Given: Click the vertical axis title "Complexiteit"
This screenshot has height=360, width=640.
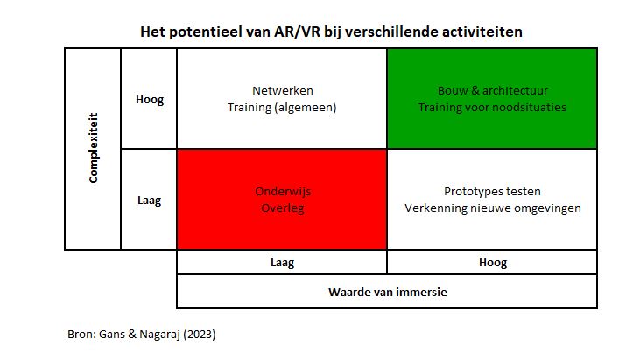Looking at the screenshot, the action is point(94,148).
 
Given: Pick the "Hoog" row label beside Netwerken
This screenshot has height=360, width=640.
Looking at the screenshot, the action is point(150,100).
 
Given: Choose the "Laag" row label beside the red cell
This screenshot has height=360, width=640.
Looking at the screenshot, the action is point(149,201).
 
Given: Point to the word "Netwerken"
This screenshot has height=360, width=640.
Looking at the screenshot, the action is point(283,90).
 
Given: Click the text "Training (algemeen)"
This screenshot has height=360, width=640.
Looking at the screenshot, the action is point(282,108).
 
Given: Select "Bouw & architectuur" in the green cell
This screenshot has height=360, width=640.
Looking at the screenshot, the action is point(493,90).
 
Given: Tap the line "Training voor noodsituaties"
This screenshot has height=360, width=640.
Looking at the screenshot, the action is point(492,108).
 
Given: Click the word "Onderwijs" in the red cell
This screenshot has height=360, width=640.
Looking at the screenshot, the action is point(283,192).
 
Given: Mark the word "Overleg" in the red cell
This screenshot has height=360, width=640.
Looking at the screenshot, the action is point(283,208).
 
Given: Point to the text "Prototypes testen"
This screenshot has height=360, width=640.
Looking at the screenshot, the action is point(492,192).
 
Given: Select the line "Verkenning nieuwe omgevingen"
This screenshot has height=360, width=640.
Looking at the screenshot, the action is point(493,208).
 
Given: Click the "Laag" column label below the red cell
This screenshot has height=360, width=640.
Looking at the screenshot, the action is point(282,263).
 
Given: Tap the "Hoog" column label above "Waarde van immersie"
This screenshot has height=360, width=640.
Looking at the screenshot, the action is point(493,263).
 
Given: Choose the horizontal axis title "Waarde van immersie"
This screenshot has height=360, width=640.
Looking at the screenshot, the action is point(387,292).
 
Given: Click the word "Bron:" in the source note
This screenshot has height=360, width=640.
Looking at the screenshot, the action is point(81,335).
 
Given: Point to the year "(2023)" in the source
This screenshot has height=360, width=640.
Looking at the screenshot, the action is point(200,335).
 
